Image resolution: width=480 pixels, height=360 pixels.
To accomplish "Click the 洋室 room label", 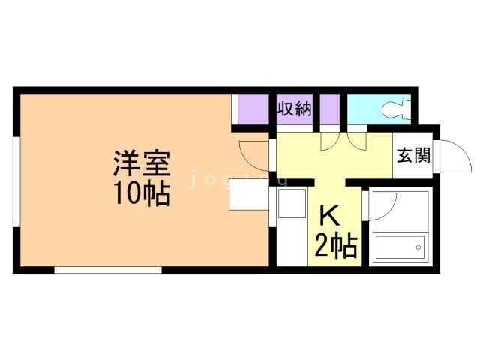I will tap(142, 162).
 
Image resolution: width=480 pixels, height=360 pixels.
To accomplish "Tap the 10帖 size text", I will tap(142, 193).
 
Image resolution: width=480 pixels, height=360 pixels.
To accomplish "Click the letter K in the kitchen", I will tap(330, 216).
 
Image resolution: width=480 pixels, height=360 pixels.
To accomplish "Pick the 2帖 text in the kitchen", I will tap(334, 245).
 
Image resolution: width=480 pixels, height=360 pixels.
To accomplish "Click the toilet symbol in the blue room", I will tap(395, 110).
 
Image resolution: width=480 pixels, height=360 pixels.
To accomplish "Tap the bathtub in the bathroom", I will tap(399, 247).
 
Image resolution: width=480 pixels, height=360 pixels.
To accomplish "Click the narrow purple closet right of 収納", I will tap(330, 110).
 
